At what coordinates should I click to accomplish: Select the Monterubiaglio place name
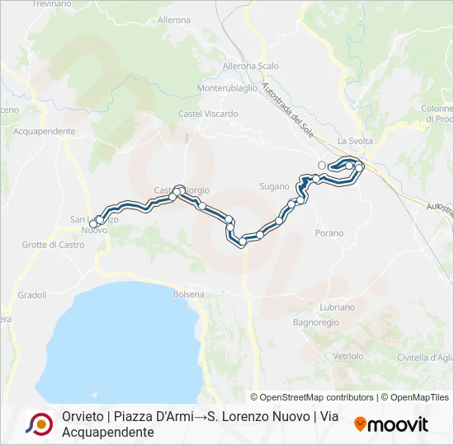click(229, 88)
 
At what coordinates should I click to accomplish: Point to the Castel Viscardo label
click(202, 113)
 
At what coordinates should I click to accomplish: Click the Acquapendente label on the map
click(45, 131)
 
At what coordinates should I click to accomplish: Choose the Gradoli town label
click(32, 294)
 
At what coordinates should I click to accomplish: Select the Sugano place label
click(274, 186)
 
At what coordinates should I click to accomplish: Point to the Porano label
click(329, 233)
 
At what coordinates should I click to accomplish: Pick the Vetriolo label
click(348, 356)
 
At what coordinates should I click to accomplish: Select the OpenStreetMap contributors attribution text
click(312, 397)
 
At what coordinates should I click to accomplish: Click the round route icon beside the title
click(39, 424)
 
